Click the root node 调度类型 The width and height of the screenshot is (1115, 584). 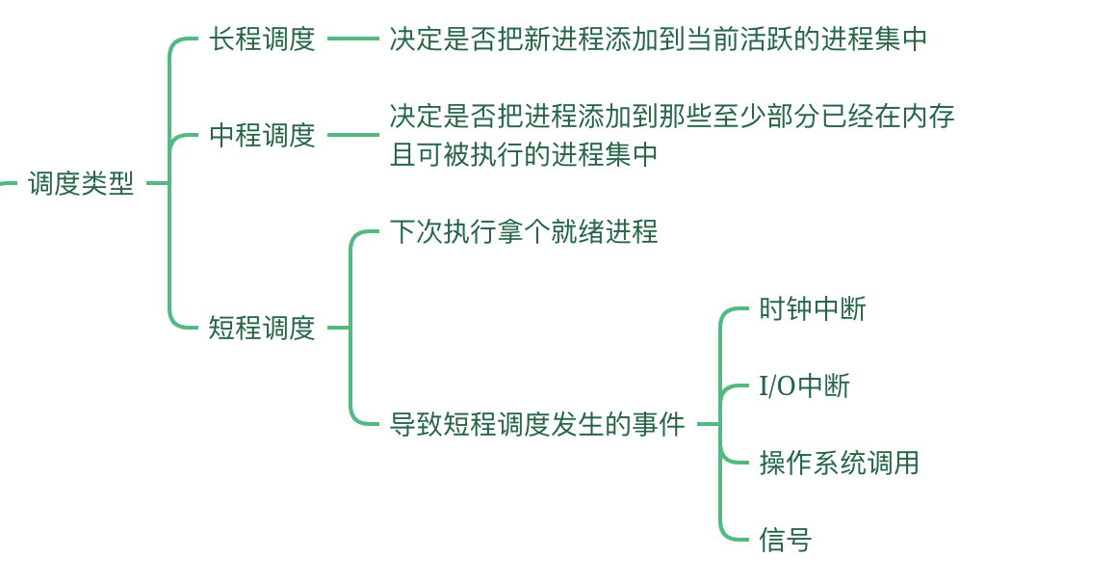[81, 183]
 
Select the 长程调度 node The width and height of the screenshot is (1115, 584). [262, 39]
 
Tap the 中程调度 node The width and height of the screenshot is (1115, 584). [262, 135]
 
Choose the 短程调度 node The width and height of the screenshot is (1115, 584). [262, 328]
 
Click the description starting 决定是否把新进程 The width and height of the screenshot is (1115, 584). [658, 39]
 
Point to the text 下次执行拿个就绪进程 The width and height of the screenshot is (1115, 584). [524, 231]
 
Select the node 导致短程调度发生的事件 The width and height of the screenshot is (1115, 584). [537, 424]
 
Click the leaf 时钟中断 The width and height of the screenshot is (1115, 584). [813, 308]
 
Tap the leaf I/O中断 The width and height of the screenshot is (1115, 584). [804, 385]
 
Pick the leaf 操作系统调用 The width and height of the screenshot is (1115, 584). [839, 463]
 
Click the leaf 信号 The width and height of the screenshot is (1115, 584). [785, 540]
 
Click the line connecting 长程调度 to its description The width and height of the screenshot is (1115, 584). [352, 39]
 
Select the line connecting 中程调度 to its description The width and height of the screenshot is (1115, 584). [352, 135]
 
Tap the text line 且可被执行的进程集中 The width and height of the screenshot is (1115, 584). [524, 154]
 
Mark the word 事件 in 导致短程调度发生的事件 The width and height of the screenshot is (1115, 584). [659, 424]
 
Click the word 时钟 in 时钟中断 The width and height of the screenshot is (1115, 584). [786, 308]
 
